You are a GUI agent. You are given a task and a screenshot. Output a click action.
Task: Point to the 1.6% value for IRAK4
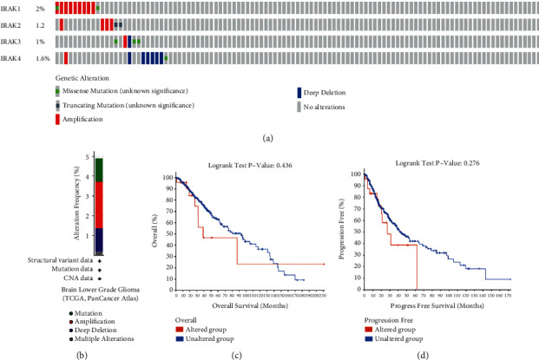pyautogui.click(x=41, y=58)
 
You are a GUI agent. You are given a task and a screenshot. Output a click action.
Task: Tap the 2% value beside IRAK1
pyautogui.click(x=40, y=8)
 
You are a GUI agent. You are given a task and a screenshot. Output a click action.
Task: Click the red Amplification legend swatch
pyautogui.click(x=58, y=118)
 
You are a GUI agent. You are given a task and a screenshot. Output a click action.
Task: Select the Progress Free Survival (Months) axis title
pyautogui.click(x=434, y=304)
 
